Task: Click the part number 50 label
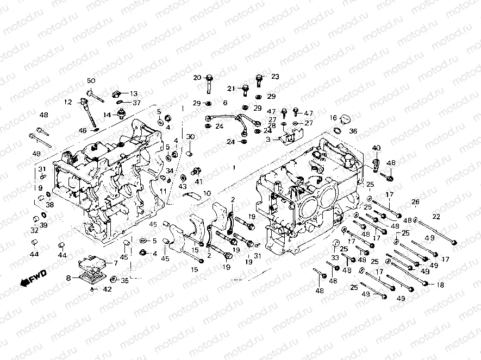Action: (x=91, y=81)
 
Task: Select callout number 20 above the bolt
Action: (x=197, y=77)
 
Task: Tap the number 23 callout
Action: (x=274, y=77)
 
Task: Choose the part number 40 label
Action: (x=376, y=148)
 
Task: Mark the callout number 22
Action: (x=436, y=217)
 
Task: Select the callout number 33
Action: (x=335, y=258)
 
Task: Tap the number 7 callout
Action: (x=115, y=263)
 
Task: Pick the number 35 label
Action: (x=124, y=281)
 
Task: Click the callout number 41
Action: (x=198, y=181)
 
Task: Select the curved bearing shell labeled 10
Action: (x=193, y=195)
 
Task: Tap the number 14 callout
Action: (x=107, y=115)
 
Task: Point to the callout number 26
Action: (x=416, y=203)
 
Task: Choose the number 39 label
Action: (x=43, y=225)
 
